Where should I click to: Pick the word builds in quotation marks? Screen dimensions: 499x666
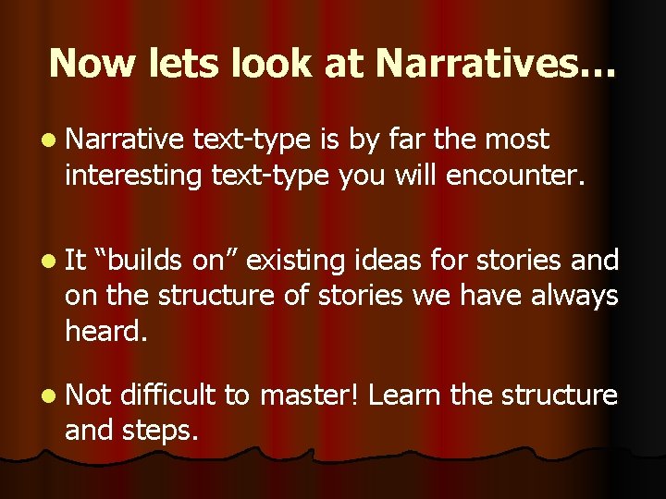[x=148, y=262]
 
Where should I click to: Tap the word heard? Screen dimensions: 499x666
[x=105, y=330]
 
